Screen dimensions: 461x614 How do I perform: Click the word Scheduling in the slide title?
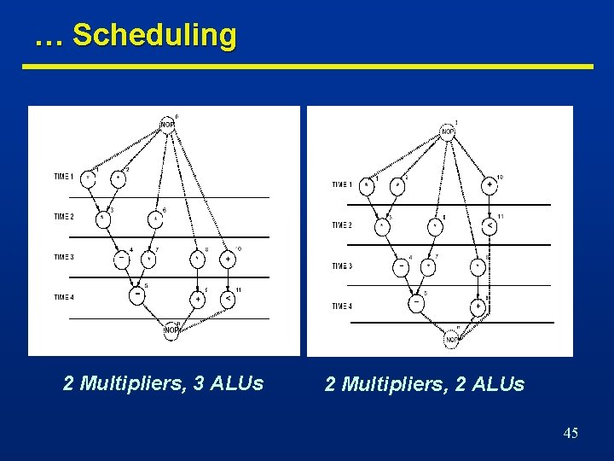(x=154, y=36)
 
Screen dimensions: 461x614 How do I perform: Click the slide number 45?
(x=571, y=434)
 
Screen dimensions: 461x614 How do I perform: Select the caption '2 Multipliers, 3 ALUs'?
(x=163, y=383)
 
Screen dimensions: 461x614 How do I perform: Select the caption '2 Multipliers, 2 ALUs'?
(x=425, y=385)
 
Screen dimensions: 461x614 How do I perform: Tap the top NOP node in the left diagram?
(x=169, y=125)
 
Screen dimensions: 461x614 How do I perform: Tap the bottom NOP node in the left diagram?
(x=171, y=330)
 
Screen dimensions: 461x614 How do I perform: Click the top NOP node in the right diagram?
(x=448, y=131)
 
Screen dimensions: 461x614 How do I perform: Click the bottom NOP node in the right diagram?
(x=451, y=339)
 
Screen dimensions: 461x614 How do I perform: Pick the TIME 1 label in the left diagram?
(x=64, y=177)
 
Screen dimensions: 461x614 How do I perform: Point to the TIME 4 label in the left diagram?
(x=64, y=297)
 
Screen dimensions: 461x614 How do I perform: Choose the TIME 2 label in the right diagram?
(x=342, y=225)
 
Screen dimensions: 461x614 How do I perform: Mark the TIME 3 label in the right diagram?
(x=342, y=266)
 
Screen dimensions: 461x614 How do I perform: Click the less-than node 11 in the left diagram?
(x=229, y=299)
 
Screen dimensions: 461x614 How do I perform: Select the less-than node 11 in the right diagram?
(x=490, y=226)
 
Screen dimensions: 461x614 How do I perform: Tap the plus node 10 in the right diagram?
(x=490, y=185)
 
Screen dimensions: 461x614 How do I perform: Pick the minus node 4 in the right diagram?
(x=401, y=266)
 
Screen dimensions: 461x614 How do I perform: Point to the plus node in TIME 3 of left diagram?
(x=229, y=257)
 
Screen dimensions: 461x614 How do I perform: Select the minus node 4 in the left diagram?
(x=122, y=257)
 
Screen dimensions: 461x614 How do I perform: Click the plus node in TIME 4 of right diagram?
(x=478, y=306)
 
